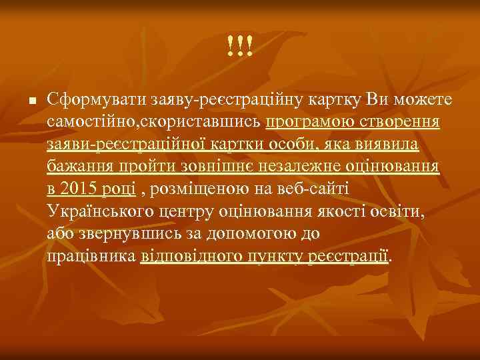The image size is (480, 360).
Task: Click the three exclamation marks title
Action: pos(239,46)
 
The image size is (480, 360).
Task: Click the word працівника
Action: pos(92,257)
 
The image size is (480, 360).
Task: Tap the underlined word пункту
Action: pos(275,257)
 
